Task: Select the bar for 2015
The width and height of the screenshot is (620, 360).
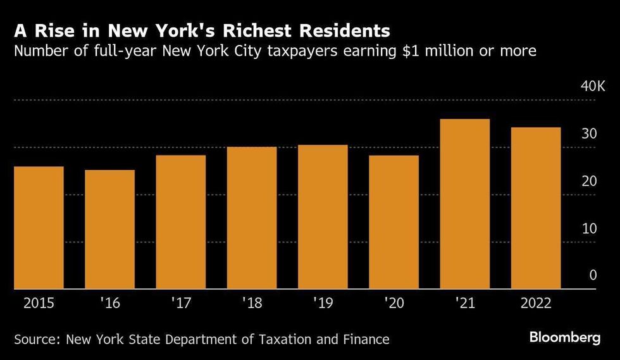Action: (x=39, y=228)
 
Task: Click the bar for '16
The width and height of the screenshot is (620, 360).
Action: (x=110, y=230)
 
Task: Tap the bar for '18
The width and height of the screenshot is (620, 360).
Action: (x=252, y=218)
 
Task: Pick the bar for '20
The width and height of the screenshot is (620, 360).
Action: (x=394, y=222)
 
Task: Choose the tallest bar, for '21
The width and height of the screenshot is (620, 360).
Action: (x=465, y=204)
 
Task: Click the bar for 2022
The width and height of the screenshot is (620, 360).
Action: (x=536, y=208)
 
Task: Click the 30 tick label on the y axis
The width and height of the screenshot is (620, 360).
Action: (x=589, y=133)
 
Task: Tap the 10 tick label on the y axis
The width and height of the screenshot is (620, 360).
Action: (x=589, y=228)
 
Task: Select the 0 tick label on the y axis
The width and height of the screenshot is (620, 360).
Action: (x=593, y=275)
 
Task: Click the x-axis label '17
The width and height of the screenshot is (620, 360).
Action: (x=181, y=303)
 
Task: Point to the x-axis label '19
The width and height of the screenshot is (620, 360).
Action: (x=323, y=303)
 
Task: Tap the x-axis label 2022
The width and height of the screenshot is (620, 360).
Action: (x=536, y=303)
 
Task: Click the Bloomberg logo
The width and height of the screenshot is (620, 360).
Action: (x=565, y=337)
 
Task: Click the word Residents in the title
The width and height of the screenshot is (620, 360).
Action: (x=345, y=30)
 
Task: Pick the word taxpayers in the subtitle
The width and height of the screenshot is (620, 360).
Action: (x=302, y=52)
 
